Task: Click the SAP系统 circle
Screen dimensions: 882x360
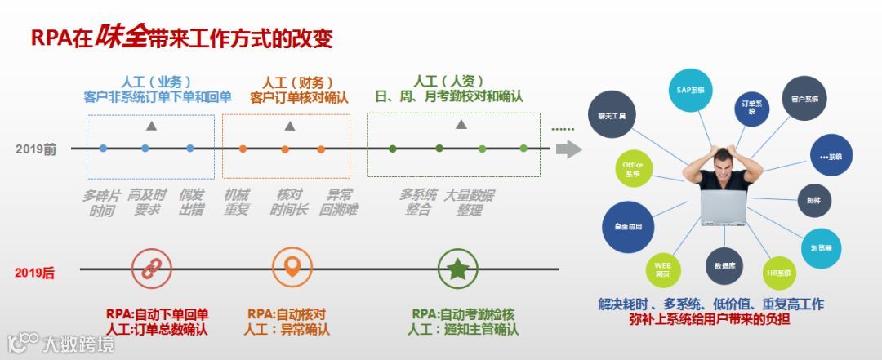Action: [x=690, y=91]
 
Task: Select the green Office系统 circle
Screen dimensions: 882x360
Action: [x=633, y=169]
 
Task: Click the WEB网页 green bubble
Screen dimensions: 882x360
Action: [x=661, y=269]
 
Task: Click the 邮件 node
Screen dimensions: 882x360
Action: [x=814, y=200]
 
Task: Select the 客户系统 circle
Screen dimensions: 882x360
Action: [x=804, y=98]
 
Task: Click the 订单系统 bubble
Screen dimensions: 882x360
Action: [x=751, y=108]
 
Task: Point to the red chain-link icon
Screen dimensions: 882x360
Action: [x=152, y=268]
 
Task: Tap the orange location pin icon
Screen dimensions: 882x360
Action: [x=292, y=268]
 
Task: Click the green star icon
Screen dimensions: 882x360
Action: [x=457, y=268]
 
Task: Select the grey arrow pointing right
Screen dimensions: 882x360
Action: [x=568, y=149]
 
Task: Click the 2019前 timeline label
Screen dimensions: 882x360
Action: [x=36, y=149]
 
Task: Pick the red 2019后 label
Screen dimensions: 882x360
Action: [x=34, y=273]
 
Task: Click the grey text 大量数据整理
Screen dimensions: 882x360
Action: [x=469, y=202]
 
